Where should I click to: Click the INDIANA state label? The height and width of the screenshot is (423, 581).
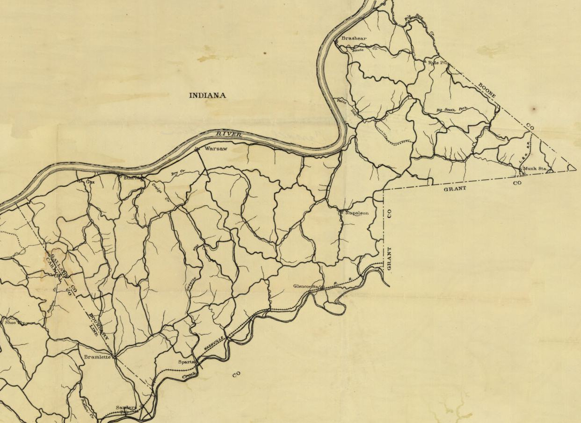[207, 95]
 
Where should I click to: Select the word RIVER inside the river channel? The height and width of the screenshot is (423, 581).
[229, 135]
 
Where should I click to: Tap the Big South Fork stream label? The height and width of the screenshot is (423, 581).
[452, 110]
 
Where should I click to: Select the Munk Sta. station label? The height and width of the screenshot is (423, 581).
[534, 168]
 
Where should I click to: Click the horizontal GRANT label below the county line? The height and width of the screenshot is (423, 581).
[455, 188]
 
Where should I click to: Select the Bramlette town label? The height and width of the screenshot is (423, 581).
[97, 357]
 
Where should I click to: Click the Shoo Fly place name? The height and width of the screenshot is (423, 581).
[14, 323]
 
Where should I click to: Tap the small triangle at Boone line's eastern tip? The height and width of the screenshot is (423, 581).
[571, 167]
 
